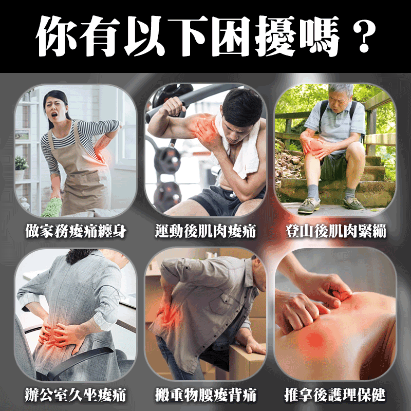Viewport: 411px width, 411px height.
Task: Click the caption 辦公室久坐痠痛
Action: click(76, 396)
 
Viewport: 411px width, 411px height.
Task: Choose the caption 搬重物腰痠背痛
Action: click(206, 396)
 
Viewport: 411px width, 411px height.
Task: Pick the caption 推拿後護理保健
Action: click(335, 396)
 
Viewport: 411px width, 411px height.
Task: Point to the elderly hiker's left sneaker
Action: click(308, 206)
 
